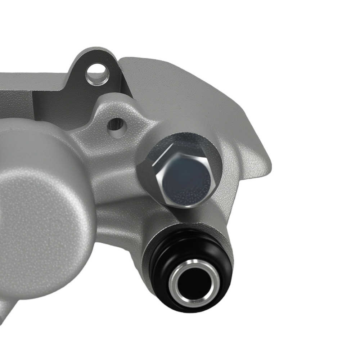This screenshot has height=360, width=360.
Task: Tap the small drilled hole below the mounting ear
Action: (x=117, y=125)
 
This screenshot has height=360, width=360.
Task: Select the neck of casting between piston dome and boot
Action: (x=119, y=223)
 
